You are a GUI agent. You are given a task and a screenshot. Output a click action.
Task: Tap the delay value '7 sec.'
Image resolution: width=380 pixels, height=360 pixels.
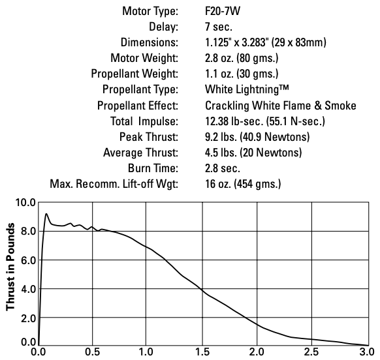(x=219, y=27)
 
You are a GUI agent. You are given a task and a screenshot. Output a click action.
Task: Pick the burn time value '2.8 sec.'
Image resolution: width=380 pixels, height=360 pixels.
(x=223, y=168)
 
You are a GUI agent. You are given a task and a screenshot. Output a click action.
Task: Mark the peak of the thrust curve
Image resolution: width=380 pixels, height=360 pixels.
(x=46, y=213)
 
